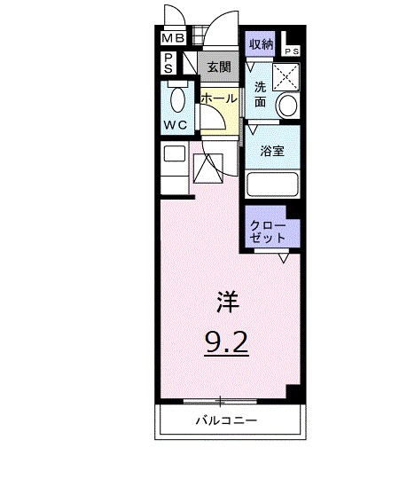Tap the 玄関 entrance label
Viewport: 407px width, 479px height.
click(218, 66)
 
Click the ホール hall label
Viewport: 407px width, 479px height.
click(217, 98)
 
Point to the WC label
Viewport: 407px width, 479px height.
click(175, 125)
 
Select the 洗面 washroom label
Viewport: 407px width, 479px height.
click(260, 94)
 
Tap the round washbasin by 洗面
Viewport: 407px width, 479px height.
click(287, 106)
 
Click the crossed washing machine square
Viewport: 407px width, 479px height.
click(286, 77)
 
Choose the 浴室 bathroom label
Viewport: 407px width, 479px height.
click(271, 152)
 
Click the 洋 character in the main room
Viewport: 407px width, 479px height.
click(227, 302)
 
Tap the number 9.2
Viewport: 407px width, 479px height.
click(227, 342)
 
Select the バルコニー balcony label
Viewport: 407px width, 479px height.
click(227, 420)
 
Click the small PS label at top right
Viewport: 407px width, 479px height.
click(292, 52)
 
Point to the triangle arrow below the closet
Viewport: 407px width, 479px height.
click(284, 258)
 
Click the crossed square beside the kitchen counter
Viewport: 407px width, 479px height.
click(209, 167)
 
